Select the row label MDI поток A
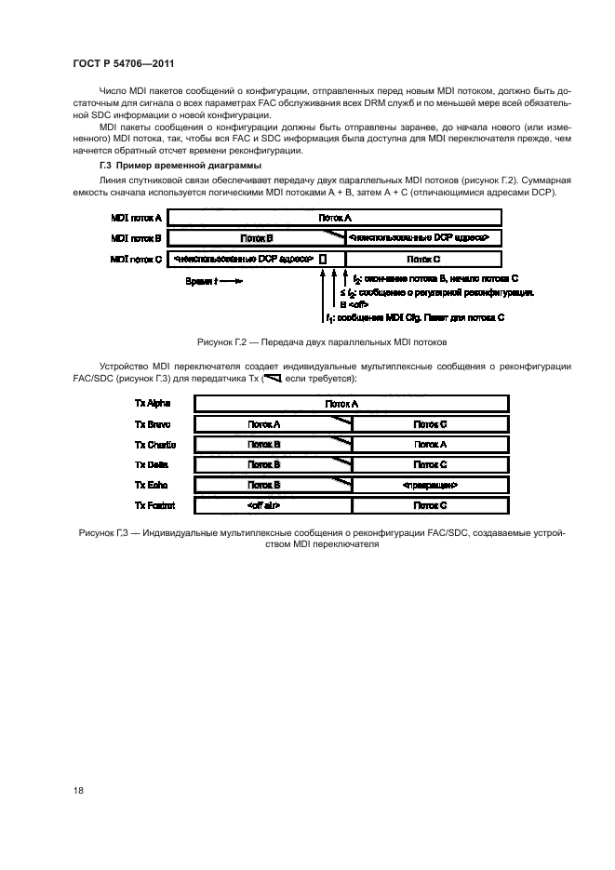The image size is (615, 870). click(x=136, y=218)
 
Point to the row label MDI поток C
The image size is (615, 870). click(x=136, y=259)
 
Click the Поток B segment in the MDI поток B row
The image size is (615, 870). click(x=256, y=238)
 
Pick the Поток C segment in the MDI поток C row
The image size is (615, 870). click(x=423, y=259)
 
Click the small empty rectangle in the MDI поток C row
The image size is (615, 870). click(x=323, y=259)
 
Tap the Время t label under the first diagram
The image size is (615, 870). click(x=214, y=280)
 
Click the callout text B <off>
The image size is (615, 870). click(x=355, y=304)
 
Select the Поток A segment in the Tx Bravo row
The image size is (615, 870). click(x=264, y=424)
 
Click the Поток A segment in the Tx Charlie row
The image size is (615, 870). click(x=430, y=445)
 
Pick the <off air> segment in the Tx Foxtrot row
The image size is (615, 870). click(x=264, y=506)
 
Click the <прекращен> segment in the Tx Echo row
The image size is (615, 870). click(x=430, y=486)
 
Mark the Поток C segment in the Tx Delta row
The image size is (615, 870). click(x=430, y=465)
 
